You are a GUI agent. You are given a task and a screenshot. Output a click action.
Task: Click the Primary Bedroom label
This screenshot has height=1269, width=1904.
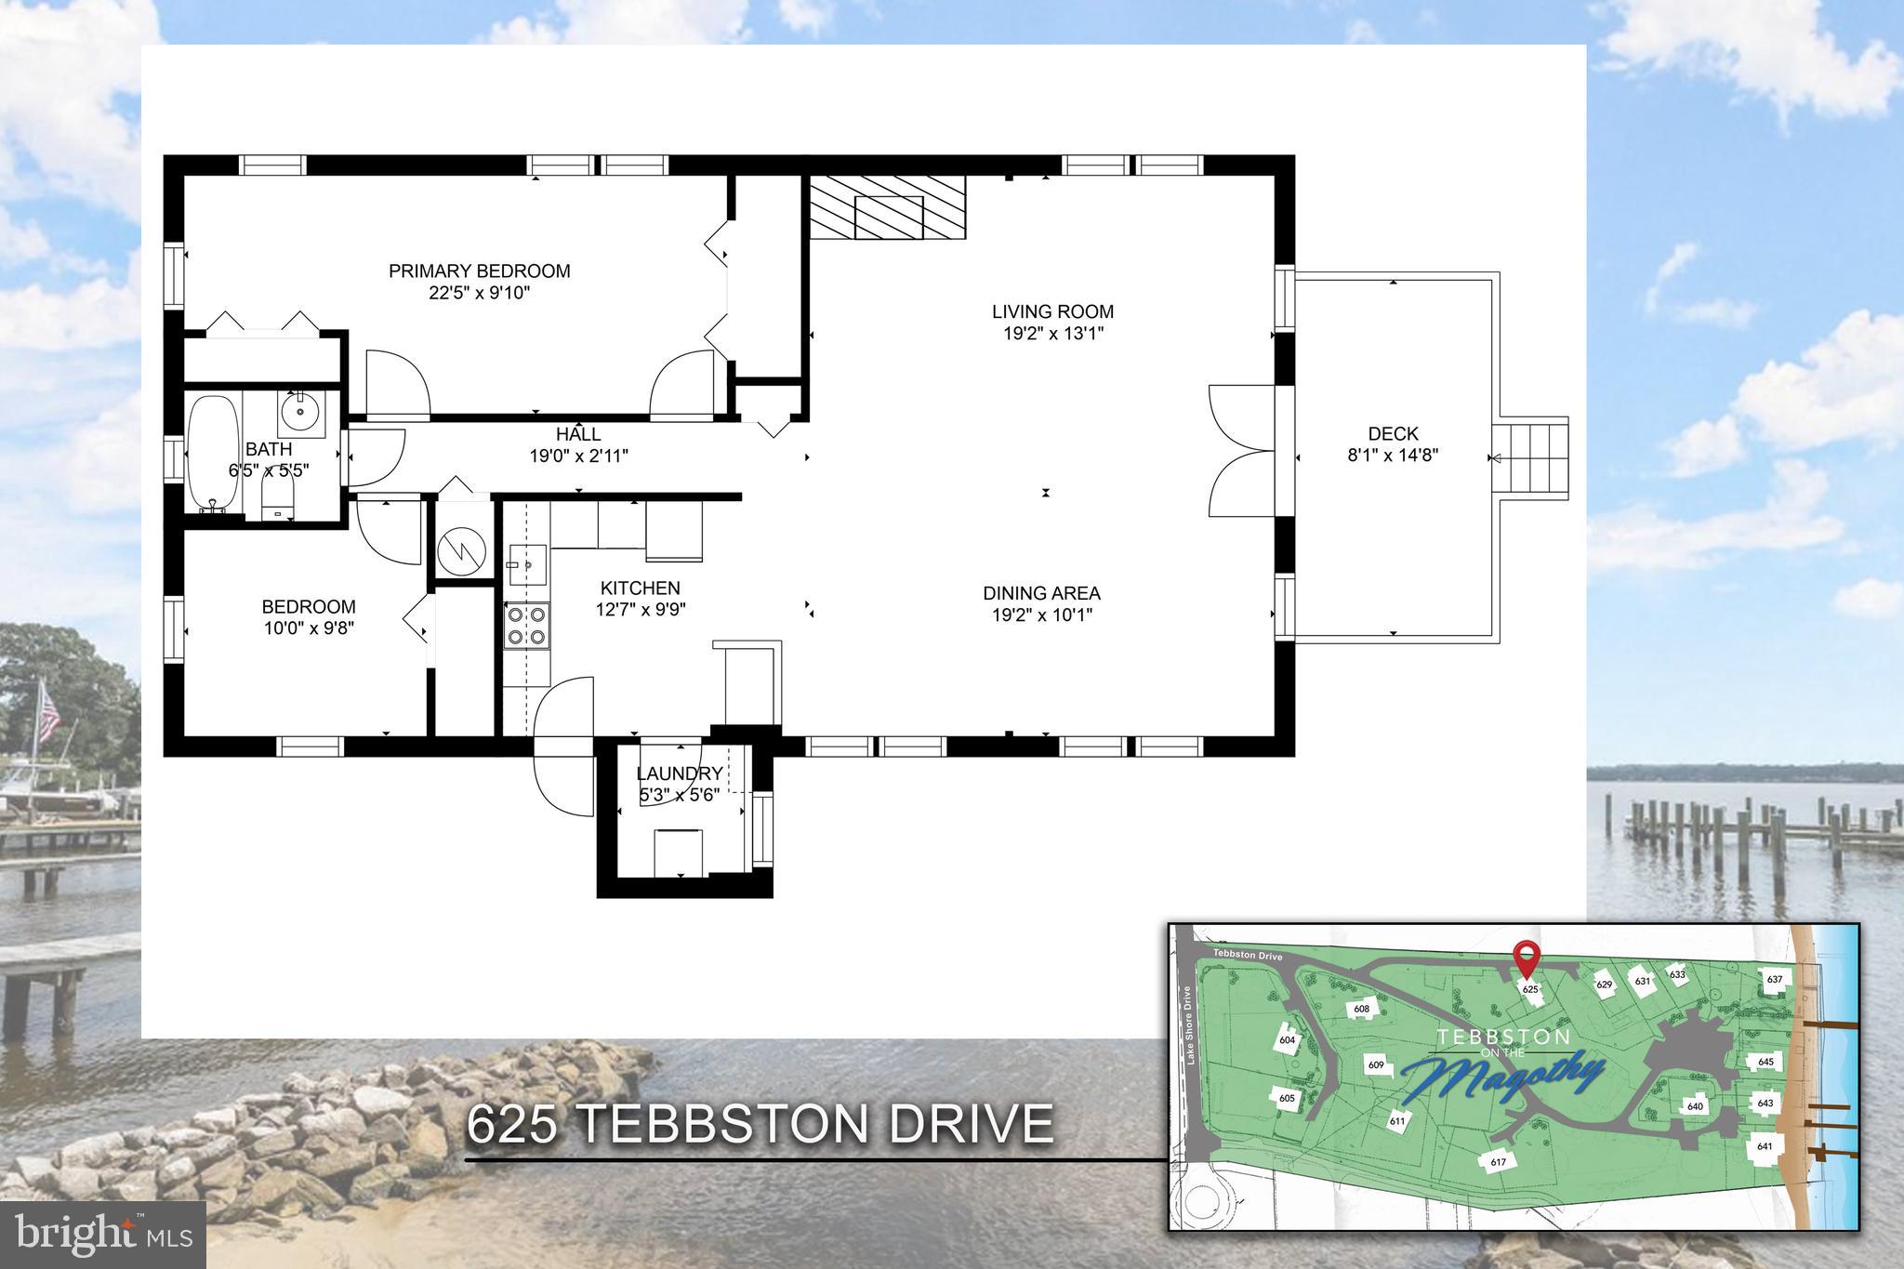coord(479,271)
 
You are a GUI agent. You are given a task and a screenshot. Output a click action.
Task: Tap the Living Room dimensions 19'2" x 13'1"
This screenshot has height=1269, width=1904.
coord(1052,334)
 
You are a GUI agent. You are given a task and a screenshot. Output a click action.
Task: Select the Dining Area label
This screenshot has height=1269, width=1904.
coord(1041,592)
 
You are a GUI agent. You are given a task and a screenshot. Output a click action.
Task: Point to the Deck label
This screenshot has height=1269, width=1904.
coord(1393,433)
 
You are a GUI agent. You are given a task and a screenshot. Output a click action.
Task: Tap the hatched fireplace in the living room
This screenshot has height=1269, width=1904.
coord(887,207)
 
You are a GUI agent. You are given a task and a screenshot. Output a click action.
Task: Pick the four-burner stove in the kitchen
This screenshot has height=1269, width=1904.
coord(526,626)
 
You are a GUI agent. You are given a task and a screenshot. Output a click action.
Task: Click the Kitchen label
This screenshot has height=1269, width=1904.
coord(640,588)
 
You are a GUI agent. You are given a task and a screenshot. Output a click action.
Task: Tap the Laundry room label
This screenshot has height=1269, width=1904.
coord(679,773)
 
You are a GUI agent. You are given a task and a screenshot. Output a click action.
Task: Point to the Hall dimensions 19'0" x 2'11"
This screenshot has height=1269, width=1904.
coord(578,456)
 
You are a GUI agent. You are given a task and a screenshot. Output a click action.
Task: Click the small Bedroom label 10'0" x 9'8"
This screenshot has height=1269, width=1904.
coord(308,607)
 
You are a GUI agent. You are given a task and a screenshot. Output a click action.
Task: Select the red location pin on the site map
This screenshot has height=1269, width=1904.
coord(1525,958)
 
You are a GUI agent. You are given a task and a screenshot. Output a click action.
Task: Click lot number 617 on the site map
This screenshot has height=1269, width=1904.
coord(1498,1162)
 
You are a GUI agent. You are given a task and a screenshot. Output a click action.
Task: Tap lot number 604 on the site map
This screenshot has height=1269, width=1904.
coord(1287,1040)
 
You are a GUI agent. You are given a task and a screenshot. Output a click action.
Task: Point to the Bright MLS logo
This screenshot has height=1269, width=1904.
coord(102,1235)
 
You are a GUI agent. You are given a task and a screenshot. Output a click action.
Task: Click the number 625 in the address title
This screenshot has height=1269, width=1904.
coord(510,1125)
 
